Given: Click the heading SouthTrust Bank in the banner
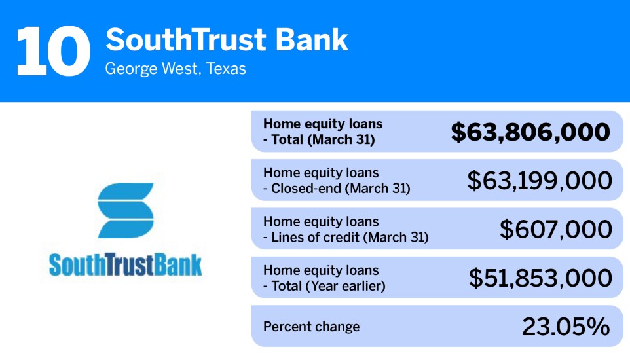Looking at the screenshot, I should point(227,41).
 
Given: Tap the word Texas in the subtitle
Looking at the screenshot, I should point(226,69).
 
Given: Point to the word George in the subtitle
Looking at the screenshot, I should point(128,69).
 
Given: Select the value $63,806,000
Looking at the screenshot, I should point(530,132).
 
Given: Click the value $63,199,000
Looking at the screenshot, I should point(539,181).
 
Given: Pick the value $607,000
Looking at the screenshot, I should point(555,229).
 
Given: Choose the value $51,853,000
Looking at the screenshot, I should point(540,278).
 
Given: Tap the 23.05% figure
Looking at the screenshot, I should point(565,326).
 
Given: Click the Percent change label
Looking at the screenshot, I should point(311,327).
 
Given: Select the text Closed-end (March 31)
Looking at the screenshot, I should point(341,189).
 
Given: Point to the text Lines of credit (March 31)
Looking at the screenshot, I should point(350,237).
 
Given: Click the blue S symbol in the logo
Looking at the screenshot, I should point(126,210).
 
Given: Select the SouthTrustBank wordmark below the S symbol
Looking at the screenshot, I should point(126,265).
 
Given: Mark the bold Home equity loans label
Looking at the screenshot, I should point(322,124).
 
